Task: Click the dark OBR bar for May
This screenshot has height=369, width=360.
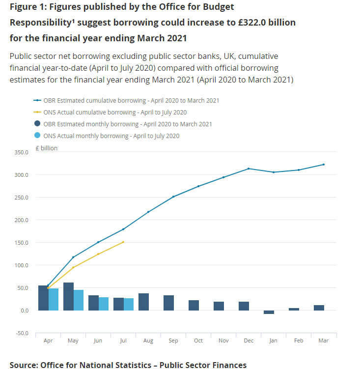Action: click(x=68, y=296)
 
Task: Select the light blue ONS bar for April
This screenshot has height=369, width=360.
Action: click(x=54, y=299)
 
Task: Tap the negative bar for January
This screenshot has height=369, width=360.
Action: click(x=269, y=312)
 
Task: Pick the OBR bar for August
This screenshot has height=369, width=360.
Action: click(x=143, y=302)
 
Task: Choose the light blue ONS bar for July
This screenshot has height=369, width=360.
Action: click(x=128, y=304)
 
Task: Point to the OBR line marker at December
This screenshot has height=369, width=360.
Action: click(x=249, y=169)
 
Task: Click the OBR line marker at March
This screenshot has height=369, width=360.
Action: click(x=324, y=165)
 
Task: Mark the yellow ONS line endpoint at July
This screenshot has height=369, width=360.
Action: click(x=123, y=242)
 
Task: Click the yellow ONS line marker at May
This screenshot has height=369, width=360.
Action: click(x=73, y=267)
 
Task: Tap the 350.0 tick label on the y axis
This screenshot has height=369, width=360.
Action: click(x=22, y=152)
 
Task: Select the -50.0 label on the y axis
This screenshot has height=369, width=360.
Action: click(x=22, y=333)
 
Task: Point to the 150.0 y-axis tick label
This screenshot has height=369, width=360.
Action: click(x=22, y=243)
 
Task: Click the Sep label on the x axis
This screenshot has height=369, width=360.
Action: click(x=173, y=341)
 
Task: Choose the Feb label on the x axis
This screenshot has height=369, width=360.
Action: click(x=299, y=341)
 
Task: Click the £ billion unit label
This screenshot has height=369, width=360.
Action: click(x=47, y=148)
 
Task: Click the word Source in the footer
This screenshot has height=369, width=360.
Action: click(x=23, y=365)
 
